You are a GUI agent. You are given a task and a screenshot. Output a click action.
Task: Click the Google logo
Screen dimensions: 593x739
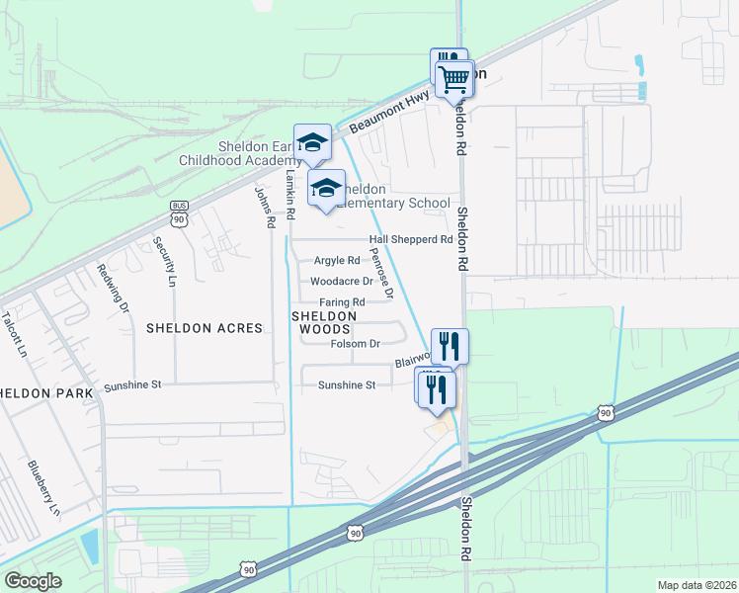(x=33, y=581)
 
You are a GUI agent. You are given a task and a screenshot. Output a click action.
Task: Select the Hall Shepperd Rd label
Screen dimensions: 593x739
(x=410, y=239)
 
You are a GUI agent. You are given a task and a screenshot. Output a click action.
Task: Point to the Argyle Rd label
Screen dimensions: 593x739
(x=337, y=261)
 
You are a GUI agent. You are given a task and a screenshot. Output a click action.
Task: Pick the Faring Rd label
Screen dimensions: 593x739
(x=343, y=302)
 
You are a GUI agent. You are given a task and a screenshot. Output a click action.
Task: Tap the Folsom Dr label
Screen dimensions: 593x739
(x=355, y=344)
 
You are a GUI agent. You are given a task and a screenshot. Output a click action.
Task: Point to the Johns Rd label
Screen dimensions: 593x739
(x=264, y=208)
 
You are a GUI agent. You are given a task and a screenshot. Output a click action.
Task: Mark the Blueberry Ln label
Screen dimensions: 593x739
(x=43, y=488)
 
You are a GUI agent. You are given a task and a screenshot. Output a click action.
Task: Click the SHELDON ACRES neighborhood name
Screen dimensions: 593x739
(x=205, y=327)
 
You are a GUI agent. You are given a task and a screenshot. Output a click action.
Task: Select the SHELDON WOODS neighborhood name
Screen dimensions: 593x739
(x=321, y=321)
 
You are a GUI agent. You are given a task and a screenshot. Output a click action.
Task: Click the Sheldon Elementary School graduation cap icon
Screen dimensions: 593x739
(x=325, y=188)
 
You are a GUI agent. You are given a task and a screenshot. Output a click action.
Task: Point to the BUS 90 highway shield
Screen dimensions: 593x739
(x=179, y=212)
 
